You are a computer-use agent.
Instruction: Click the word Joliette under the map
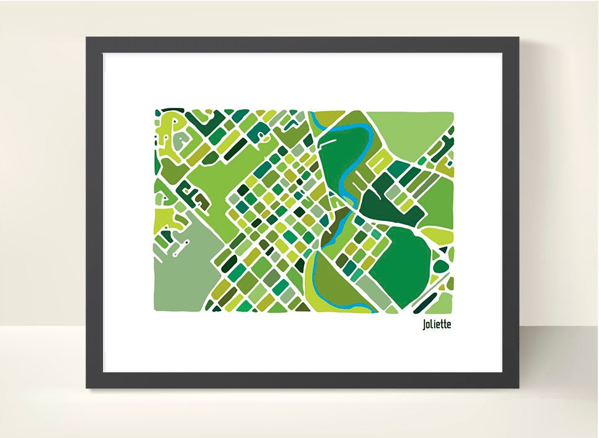click(x=437, y=324)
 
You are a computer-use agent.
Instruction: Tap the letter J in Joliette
click(x=424, y=324)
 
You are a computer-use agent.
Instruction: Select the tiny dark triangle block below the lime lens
click(x=442, y=250)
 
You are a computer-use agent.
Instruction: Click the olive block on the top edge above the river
click(x=330, y=116)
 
